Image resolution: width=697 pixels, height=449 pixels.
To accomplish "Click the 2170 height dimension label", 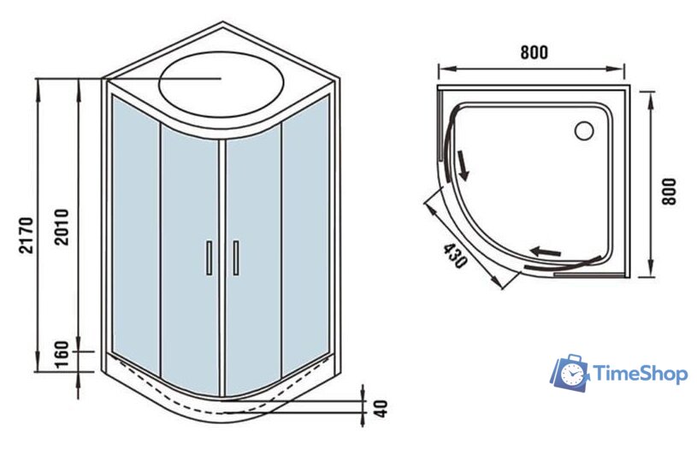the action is (x=27, y=235).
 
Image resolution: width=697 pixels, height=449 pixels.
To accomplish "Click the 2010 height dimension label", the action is (x=62, y=227).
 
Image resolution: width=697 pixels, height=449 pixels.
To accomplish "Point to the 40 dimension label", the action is (x=381, y=409).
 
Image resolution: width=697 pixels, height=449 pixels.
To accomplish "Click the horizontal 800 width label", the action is (x=535, y=52).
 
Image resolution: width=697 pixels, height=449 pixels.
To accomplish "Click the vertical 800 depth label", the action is (x=669, y=192).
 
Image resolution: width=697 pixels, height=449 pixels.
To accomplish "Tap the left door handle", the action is (x=209, y=257).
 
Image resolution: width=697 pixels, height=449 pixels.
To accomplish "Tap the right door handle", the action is (x=235, y=257).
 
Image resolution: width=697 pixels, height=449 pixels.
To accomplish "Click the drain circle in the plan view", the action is (x=584, y=131).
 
